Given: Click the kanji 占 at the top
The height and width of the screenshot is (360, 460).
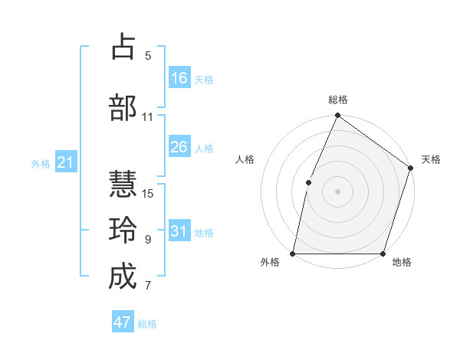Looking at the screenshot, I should coord(123,47).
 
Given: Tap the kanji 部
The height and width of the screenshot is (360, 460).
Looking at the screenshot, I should coord(123,108).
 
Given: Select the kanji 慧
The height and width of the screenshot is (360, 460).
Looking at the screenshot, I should coord(123,185).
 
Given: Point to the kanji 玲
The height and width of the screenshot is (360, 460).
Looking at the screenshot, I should coord(123,231).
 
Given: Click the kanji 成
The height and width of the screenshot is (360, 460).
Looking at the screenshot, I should coord(123,277).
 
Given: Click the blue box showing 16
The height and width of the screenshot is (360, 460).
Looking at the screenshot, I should coord(179,78).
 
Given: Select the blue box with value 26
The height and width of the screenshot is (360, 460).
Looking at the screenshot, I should coord(179,147).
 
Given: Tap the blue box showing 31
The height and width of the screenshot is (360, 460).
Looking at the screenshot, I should coord(179,231).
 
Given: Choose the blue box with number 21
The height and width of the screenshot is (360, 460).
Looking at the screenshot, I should coord(64,162).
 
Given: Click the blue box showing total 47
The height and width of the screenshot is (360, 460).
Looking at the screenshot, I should coord(123,322).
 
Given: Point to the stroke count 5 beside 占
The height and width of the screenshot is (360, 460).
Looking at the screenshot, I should coord(148,56).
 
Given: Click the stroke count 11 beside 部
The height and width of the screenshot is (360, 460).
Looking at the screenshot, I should coord(148,117).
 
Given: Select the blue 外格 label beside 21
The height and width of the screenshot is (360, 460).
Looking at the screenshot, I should coord(41,163).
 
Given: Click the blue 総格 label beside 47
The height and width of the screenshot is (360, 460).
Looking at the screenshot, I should coord(147,324).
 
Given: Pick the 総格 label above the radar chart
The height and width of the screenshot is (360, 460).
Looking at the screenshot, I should coord(338,100).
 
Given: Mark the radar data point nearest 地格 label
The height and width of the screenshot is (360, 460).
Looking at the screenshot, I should coord(383,254).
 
